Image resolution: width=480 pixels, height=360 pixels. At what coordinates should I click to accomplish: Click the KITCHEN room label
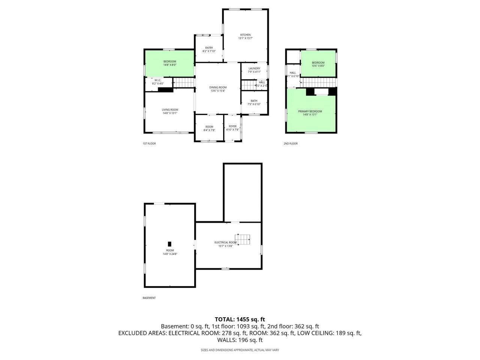pos(245,35)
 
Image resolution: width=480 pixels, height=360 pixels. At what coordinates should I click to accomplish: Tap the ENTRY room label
pos(209,48)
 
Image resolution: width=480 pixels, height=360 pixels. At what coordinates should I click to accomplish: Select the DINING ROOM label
pos(218,87)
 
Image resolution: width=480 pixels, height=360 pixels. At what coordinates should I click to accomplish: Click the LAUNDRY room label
pos(254,68)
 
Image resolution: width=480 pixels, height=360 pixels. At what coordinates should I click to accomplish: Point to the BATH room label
pos(254,100)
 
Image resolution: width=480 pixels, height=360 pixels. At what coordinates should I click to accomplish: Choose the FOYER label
pos(232,126)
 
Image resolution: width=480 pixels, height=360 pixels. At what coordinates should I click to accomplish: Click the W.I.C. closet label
pos(158,80)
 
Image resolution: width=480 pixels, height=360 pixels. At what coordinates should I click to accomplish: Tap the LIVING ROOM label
pos(170,109)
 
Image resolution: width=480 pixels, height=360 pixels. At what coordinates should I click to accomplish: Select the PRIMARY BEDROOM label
pos(310,111)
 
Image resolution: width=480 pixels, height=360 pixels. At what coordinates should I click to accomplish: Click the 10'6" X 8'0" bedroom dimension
pos(318,66)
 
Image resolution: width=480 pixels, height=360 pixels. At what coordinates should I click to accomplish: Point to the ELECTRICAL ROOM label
pos(225,242)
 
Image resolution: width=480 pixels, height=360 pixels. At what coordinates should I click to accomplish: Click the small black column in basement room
pos(169,244)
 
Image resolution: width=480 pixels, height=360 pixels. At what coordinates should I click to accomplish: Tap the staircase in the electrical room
pos(243,239)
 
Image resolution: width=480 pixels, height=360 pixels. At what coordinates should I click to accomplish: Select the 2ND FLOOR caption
pos(290,143)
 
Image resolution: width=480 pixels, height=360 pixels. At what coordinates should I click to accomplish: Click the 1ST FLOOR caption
pos(149,143)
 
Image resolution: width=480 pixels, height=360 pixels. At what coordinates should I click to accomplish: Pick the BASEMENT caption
pos(149,298)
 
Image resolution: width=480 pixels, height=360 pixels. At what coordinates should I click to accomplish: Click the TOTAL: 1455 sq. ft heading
pos(240,319)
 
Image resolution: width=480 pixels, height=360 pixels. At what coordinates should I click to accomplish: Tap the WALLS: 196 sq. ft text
pos(240,340)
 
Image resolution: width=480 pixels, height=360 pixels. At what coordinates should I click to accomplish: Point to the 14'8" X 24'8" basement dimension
pos(170,254)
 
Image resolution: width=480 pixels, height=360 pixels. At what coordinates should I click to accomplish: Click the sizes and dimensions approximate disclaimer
pos(240,350)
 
